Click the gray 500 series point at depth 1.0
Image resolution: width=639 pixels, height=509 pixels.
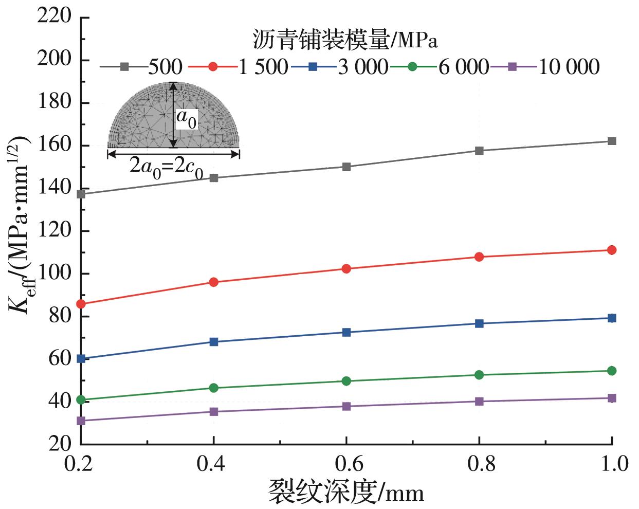point(612,141)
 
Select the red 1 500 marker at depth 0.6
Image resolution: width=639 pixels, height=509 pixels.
point(346,268)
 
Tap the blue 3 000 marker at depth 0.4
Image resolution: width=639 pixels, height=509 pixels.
point(214,341)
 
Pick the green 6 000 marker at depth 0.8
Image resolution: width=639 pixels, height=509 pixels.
point(479,375)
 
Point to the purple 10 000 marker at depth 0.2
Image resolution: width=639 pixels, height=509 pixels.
point(81,421)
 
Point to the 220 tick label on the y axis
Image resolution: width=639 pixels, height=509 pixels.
point(54,16)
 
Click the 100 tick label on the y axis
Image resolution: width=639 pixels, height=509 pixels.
point(54,273)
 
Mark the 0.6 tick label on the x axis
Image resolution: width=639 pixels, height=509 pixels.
point(346,464)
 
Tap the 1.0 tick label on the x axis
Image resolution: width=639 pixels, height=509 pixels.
point(612,464)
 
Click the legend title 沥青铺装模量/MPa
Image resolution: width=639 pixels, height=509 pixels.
point(345,40)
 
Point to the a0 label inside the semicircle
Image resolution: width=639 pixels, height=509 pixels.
point(186,119)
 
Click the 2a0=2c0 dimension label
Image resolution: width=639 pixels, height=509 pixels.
point(166,168)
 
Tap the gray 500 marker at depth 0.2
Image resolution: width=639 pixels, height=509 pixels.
point(81,194)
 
